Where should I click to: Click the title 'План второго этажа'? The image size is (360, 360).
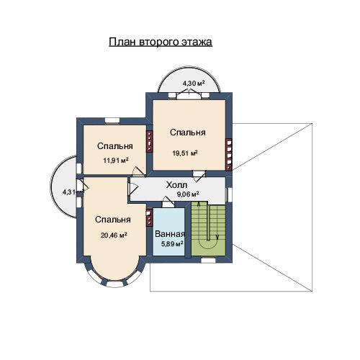click(161, 42)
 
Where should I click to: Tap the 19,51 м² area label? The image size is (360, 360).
click(185, 153)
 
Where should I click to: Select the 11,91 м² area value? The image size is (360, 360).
click(116, 160)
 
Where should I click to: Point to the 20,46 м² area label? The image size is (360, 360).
click(114, 235)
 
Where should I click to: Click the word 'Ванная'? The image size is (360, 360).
click(170, 234)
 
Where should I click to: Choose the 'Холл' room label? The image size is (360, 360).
click(177, 185)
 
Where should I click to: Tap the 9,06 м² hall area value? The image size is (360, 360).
click(188, 194)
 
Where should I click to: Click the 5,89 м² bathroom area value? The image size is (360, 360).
click(172, 244)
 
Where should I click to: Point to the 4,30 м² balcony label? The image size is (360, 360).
click(194, 84)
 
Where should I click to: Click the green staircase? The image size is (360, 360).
click(209, 228)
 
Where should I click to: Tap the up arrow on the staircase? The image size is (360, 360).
click(199, 204)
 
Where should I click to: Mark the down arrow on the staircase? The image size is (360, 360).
click(217, 237)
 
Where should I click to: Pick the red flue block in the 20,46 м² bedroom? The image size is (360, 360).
click(149, 218)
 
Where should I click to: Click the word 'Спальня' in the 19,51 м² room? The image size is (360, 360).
click(188, 132)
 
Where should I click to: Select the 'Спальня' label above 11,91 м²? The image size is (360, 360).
click(115, 146)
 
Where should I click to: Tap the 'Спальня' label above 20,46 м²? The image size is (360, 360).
click(113, 220)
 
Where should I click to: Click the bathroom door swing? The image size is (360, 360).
click(168, 201)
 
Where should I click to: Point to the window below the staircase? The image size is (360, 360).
click(208, 260)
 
